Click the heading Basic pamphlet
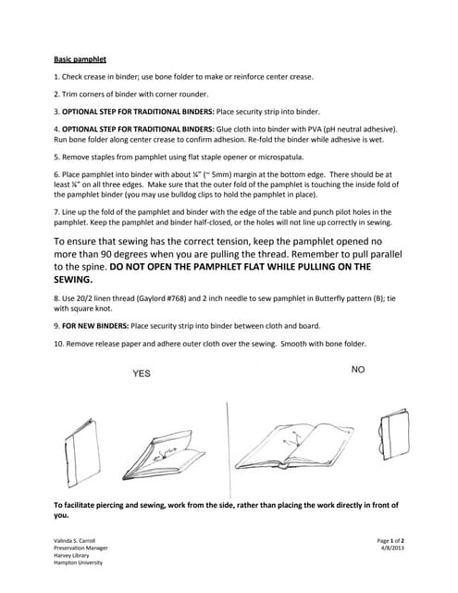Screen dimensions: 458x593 (x=77, y=57)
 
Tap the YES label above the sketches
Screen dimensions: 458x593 (x=141, y=372)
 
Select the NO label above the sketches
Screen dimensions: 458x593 (x=359, y=369)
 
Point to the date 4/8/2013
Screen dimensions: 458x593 (x=392, y=547)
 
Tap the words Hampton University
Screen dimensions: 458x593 (x=79, y=561)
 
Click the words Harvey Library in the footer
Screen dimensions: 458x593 (x=72, y=554)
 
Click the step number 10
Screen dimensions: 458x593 (x=59, y=344)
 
